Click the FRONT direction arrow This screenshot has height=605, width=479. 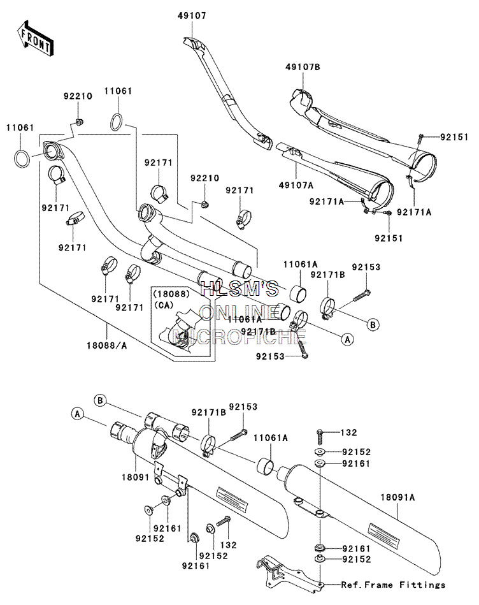pos(36,39)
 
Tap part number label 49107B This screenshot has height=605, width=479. pos(303,67)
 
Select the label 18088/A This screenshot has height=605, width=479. pos(107,346)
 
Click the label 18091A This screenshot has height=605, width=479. pos(397,497)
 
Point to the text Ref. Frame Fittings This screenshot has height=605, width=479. pos(393,585)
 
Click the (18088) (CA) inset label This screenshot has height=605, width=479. pos(171,299)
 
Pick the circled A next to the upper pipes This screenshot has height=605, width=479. pos(348,339)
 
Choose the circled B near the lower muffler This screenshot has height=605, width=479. pos(100,401)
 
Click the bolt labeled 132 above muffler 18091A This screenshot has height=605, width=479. pos(320,437)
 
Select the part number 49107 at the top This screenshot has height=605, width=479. pos(192,16)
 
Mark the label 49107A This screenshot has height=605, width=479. pos(296,186)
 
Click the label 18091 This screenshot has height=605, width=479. pos(135,477)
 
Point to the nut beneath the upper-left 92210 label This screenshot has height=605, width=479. pos(78,122)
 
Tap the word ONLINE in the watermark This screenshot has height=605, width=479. pos(240,312)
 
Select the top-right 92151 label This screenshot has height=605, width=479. pos(454,137)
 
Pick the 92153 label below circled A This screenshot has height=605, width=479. pos(270,356)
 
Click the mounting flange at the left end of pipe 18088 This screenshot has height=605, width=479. pos(52,150)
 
